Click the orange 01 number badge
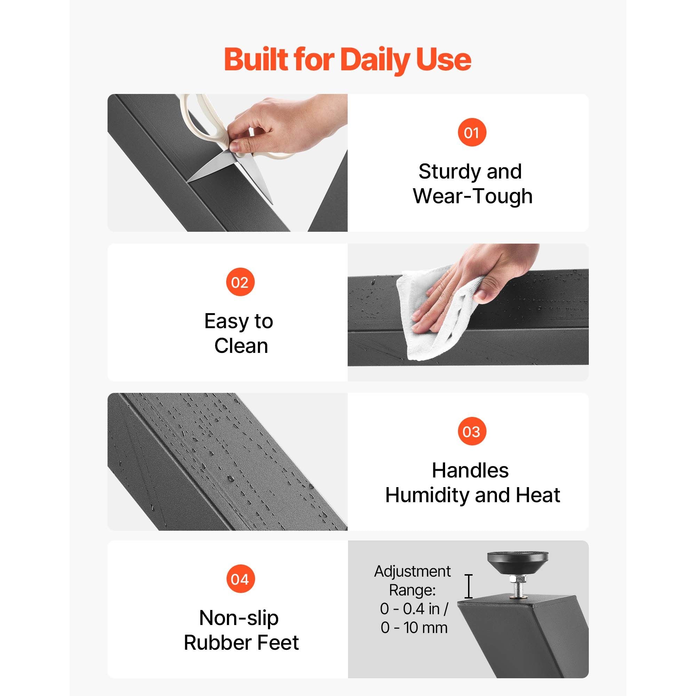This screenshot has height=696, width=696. [472, 132]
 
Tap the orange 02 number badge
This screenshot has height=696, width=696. [240, 282]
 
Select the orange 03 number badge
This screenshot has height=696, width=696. [472, 431]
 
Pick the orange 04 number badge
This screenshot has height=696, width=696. [240, 579]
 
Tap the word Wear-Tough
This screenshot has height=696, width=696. [473, 196]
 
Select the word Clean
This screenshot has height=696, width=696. [241, 346]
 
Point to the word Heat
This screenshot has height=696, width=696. [538, 495]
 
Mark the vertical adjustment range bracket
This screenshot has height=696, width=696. [468, 586]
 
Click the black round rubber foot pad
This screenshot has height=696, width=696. [518, 564]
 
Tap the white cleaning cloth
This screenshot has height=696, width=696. [436, 314]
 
